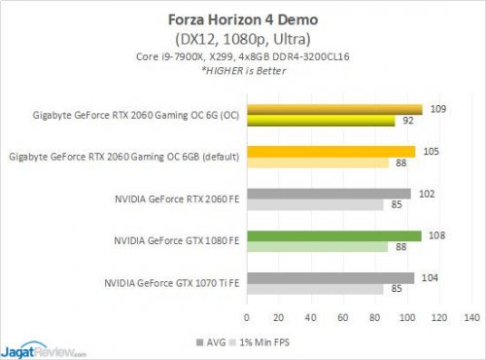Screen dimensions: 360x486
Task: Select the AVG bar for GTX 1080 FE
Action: [334, 235]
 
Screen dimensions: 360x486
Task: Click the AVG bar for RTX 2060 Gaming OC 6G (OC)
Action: [335, 109]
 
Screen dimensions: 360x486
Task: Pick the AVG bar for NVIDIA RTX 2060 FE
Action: [330, 194]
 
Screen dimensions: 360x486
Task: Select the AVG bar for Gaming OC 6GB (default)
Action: [331, 151]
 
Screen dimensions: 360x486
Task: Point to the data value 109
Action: [436, 109]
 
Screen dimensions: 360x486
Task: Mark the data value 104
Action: [428, 277]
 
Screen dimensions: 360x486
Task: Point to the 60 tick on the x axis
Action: [344, 316]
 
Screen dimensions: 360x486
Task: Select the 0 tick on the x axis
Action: [248, 316]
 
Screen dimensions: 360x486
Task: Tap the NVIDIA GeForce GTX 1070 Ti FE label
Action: [172, 283]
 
